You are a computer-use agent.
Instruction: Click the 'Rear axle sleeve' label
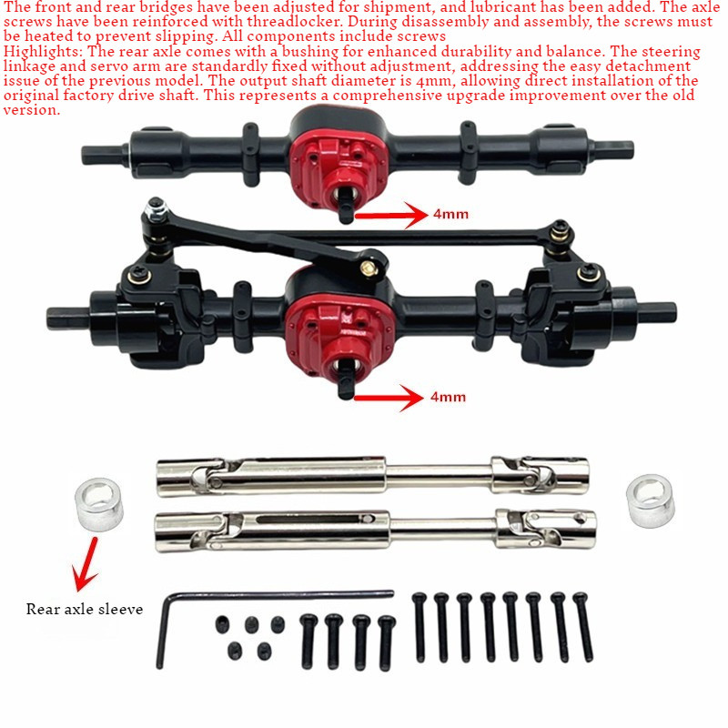coord(85,609)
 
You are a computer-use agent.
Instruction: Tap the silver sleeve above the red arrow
coord(99,504)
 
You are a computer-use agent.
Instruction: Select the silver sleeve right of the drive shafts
coord(650,501)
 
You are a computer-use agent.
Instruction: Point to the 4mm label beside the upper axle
coord(450,214)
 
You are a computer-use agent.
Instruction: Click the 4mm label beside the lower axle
coord(448,397)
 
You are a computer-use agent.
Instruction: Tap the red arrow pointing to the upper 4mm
coord(391,215)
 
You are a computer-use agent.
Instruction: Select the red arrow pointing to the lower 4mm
coord(389,398)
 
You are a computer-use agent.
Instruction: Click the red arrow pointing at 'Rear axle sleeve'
coord(86,564)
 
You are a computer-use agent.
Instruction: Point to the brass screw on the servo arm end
coord(369,267)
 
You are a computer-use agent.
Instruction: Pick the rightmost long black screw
coord(583,627)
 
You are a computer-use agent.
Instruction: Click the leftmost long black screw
coord(420,627)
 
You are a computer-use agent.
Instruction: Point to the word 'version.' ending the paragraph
coord(32,110)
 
